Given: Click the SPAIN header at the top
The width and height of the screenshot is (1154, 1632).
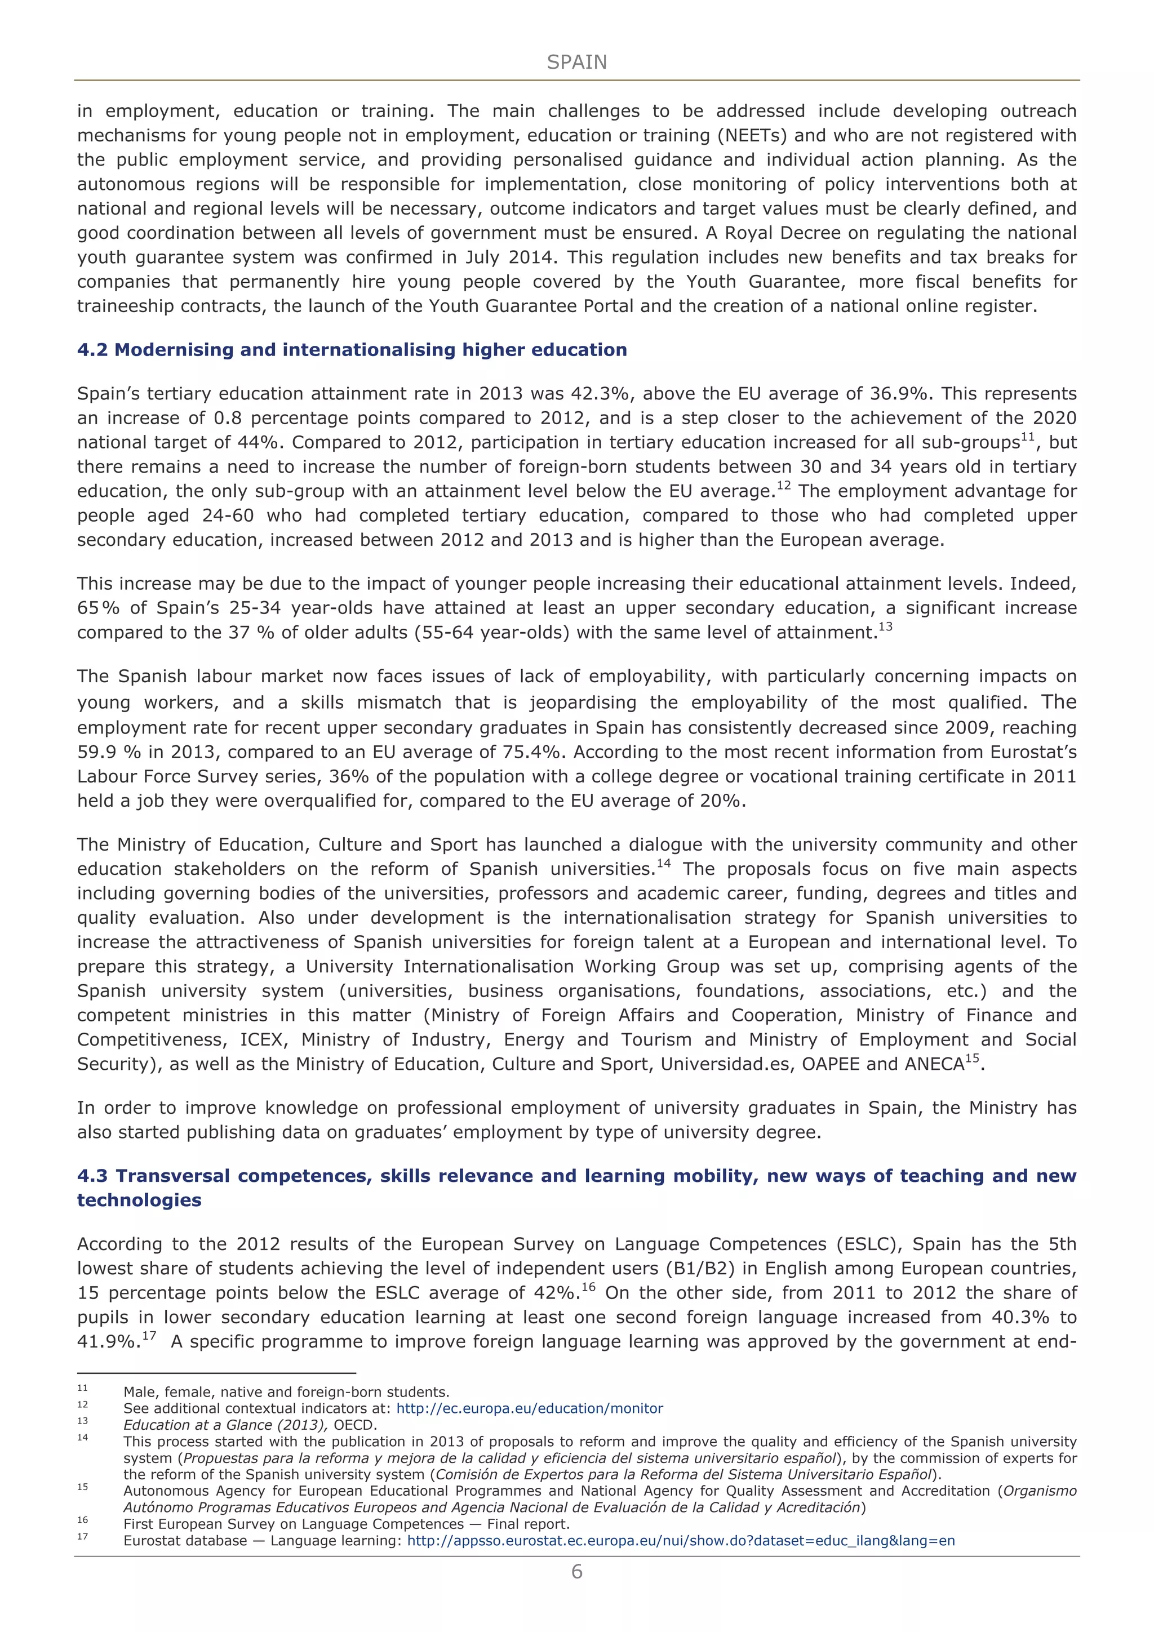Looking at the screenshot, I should [576, 63].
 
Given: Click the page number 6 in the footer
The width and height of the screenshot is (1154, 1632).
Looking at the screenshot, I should [576, 1572].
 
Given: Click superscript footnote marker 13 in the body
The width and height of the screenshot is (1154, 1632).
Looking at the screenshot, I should [885, 627].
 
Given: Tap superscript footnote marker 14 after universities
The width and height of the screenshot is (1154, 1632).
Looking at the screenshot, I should [663, 864].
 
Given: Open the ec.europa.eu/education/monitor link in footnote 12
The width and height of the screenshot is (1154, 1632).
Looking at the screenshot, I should [529, 1409].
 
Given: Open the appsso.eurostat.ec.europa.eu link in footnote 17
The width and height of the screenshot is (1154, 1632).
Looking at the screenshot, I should [681, 1541].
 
